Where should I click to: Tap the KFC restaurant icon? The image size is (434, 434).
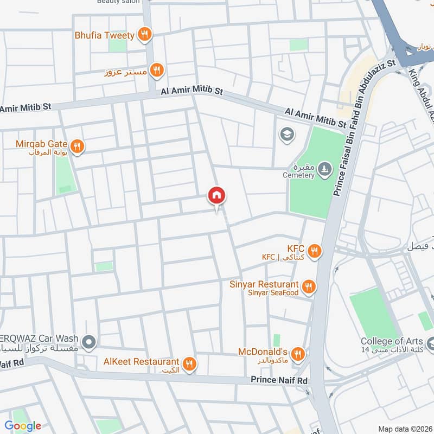click(314, 251)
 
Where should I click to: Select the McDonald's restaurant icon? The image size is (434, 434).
click(297, 355)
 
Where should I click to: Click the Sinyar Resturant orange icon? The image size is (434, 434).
click(309, 286)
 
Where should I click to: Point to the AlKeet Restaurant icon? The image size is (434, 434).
click(189, 364)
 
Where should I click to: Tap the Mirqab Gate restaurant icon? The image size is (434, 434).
click(77, 146)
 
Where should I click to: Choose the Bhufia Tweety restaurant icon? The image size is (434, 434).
click(144, 35)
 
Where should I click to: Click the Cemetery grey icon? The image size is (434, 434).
click(324, 168)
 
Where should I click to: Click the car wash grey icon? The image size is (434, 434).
click(90, 342)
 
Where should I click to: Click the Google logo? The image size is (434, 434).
click(23, 425)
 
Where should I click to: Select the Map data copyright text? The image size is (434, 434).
click(404, 429)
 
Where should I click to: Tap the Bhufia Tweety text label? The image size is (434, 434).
click(105, 35)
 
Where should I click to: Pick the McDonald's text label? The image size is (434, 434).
click(263, 352)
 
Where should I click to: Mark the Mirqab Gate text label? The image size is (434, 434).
click(41, 144)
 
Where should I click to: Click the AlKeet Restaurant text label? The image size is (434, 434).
click(141, 361)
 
